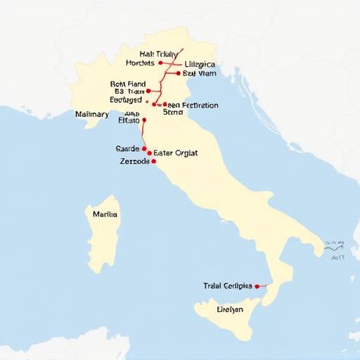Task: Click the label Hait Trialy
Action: pos(158,53)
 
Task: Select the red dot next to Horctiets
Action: pos(161,63)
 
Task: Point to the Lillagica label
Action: pos(200,64)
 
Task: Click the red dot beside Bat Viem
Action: pos(177,73)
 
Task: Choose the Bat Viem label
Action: pos(199,73)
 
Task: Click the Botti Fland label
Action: pos(129,83)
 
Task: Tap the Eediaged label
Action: pos(131,101)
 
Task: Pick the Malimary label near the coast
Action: pos(91,114)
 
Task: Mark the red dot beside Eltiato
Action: pos(143,120)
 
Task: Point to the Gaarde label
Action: pos(127,149)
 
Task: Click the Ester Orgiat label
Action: pos(175,153)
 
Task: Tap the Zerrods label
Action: pos(135,161)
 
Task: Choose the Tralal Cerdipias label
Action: pos(227,286)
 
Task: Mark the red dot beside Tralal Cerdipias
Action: pos(257,286)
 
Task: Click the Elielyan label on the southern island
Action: pos(230,309)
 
